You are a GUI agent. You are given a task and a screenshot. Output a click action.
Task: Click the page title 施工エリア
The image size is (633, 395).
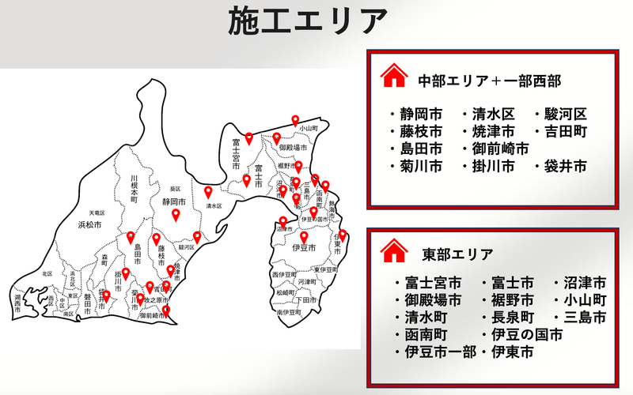tap(308, 21)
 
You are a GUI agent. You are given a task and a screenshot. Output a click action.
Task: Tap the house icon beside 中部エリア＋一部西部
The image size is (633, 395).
tap(393, 77)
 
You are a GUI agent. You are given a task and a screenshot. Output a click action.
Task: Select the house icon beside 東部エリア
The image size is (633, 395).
tap(393, 253)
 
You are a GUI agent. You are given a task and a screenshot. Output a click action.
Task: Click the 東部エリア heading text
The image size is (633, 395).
tap(458, 254)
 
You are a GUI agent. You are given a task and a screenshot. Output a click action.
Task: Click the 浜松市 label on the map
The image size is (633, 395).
tap(91, 225)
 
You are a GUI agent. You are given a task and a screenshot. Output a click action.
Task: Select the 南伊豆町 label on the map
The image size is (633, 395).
tap(290, 313)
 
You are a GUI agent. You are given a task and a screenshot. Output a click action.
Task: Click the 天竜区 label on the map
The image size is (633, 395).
tap(97, 213)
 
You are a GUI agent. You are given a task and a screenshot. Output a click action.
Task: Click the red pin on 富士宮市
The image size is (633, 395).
tap(248, 139)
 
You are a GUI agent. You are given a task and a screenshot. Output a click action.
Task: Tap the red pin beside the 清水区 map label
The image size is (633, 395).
tap(209, 192)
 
